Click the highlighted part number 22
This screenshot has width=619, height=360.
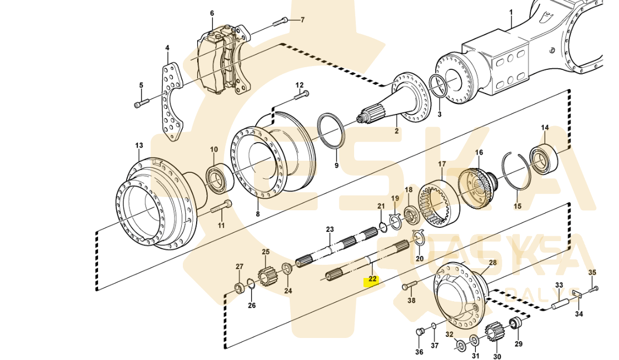point(373,279)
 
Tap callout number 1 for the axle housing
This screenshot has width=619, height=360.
point(511,12)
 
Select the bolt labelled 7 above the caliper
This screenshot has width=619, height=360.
point(280,21)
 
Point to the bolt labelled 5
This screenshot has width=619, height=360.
point(142,103)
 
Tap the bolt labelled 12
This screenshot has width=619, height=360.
point(301,96)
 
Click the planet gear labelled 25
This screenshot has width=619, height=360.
point(267,272)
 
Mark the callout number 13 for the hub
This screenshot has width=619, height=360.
point(139,146)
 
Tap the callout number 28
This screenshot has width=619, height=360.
point(492,263)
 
